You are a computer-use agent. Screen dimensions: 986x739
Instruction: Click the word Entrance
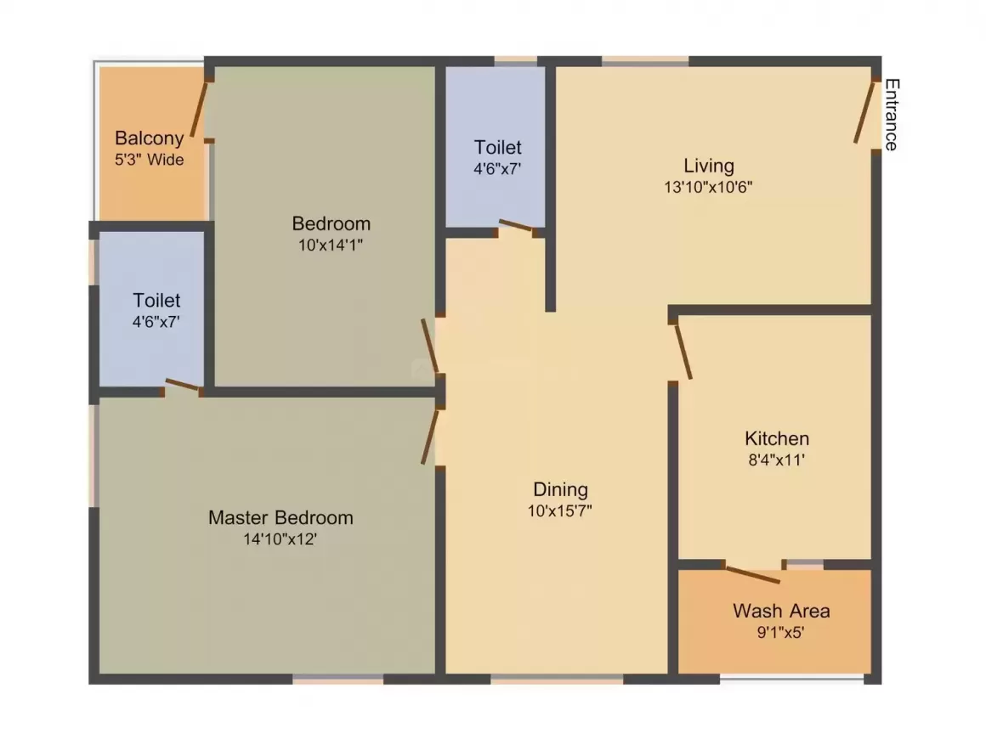tap(892, 115)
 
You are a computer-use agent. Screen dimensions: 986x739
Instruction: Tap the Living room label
tap(709, 166)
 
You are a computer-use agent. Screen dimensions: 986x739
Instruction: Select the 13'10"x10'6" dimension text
tap(708, 187)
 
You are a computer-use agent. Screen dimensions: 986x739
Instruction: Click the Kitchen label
tap(777, 438)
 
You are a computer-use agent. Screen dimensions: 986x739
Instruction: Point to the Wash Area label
tap(781, 610)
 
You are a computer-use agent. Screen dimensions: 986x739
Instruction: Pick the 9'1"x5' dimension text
tap(780, 631)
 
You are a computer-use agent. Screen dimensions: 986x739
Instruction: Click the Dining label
tap(560, 489)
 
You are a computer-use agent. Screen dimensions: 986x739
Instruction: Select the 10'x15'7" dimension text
tap(559, 511)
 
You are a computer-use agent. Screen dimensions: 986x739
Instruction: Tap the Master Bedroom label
tap(280, 517)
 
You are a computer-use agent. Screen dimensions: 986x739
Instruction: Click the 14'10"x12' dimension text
tap(280, 539)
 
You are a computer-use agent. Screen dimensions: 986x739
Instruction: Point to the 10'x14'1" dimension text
tap(330, 245)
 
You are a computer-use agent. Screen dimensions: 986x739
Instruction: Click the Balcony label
tap(149, 138)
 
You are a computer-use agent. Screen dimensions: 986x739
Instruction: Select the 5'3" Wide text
tap(149, 160)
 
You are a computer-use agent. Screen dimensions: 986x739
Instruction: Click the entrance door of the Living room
tap(864, 111)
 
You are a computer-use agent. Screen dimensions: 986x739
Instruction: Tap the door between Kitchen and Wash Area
tap(753, 575)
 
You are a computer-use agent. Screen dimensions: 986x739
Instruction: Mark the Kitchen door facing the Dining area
tap(683, 352)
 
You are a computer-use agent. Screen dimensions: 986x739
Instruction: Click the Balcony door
tap(200, 108)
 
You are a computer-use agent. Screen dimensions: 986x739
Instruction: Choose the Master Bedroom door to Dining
tap(430, 437)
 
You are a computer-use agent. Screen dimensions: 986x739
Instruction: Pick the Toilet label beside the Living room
tap(497, 147)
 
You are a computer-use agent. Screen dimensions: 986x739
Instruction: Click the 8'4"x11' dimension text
tap(776, 460)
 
